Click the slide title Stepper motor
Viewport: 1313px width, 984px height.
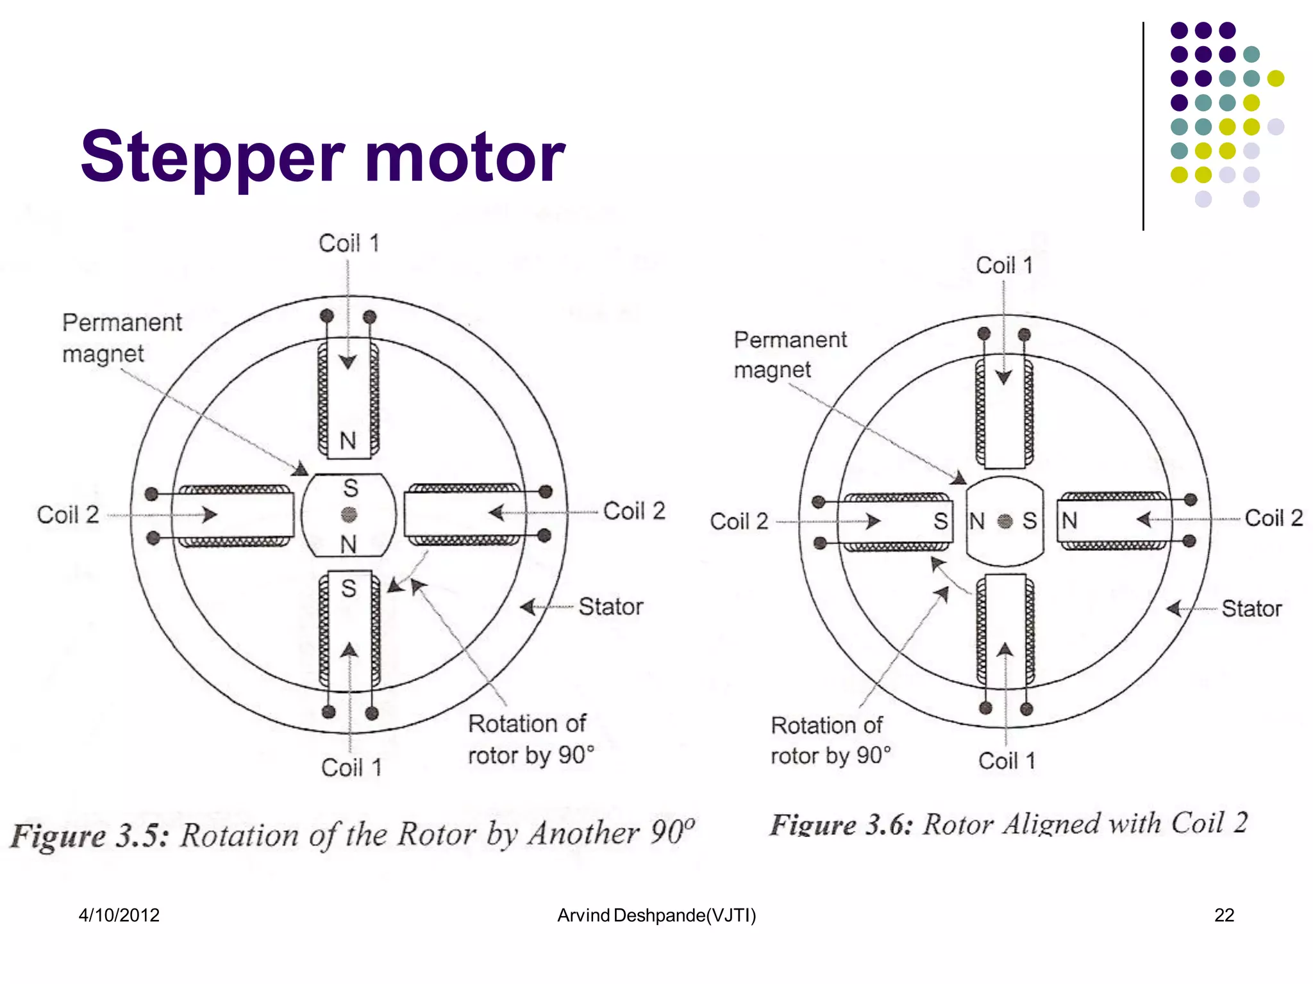click(322, 156)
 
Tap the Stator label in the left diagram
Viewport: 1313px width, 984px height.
click(610, 607)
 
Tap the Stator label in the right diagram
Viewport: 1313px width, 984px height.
click(1251, 609)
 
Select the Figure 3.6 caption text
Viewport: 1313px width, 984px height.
click(1008, 824)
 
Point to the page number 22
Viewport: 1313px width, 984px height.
click(1223, 915)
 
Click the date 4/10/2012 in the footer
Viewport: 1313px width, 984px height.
click(119, 915)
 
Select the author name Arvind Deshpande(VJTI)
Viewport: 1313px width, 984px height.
click(656, 915)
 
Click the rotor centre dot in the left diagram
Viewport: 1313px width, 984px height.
click(349, 514)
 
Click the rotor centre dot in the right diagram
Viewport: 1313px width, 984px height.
click(1005, 521)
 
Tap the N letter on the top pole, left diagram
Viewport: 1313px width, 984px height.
click(347, 441)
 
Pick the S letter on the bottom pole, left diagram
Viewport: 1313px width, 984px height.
click(348, 588)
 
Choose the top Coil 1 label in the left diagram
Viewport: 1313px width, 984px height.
click(349, 243)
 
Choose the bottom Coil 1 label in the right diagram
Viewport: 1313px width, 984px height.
click(1007, 761)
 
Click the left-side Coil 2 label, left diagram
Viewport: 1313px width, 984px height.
click(68, 514)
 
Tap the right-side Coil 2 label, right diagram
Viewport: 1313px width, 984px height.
click(1273, 518)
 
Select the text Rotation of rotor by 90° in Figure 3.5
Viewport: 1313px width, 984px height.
click(531, 739)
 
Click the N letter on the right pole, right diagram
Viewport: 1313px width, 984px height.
click(1069, 521)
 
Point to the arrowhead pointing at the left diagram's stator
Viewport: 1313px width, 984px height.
click(528, 607)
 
